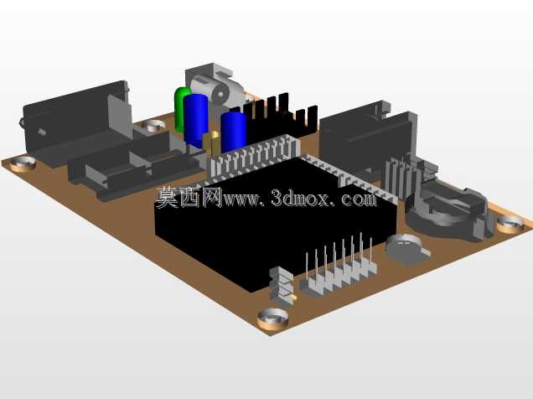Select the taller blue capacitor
pos(196,121)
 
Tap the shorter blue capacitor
pos(233,132)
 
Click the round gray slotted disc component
pos(407,248)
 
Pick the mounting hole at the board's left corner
pos(23,163)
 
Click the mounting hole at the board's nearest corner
pos(272,319)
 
